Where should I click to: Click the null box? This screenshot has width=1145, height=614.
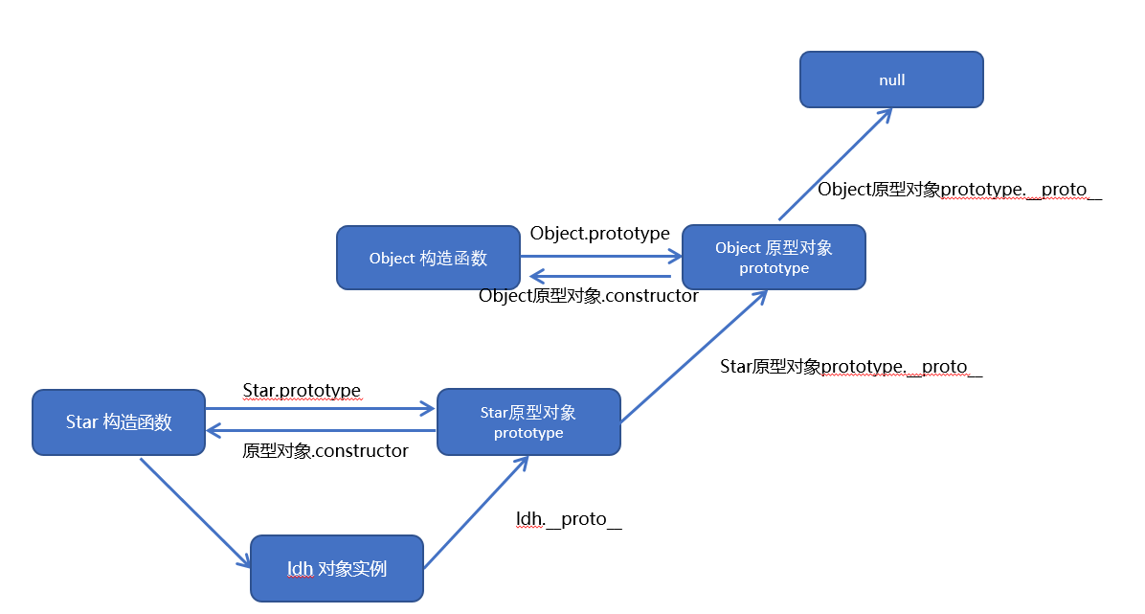click(x=891, y=80)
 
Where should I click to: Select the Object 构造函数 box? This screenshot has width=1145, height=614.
click(x=428, y=258)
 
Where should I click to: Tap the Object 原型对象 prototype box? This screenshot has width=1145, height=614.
click(x=774, y=258)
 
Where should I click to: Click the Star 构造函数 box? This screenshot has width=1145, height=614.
click(x=119, y=421)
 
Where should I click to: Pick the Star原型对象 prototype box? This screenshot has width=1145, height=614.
click(x=528, y=421)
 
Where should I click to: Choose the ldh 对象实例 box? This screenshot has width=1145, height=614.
click(x=337, y=568)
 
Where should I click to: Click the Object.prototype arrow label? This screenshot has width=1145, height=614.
click(x=599, y=234)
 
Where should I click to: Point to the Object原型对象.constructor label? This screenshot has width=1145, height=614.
click(x=588, y=296)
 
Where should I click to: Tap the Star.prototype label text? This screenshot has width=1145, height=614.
click(x=302, y=390)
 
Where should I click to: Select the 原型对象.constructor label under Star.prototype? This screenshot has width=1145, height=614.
click(x=326, y=450)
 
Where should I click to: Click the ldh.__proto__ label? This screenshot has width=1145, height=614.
click(x=569, y=519)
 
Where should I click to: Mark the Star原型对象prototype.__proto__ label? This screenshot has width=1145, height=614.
click(x=851, y=367)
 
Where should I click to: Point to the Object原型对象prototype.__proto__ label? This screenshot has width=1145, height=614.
click(x=959, y=190)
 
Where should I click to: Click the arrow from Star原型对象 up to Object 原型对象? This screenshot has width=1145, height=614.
click(x=694, y=356)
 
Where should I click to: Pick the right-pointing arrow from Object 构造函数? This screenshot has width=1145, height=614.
click(x=600, y=257)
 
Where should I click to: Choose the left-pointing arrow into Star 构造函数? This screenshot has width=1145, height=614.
click(x=321, y=430)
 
